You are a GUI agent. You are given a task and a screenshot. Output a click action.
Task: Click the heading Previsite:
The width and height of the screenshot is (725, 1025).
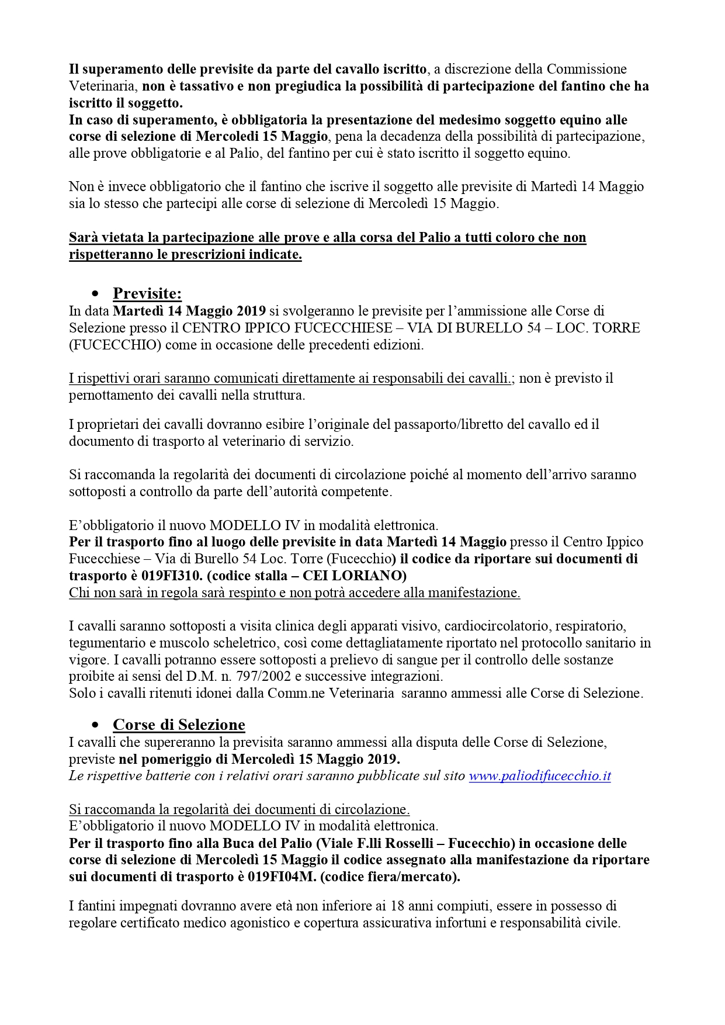(x=147, y=293)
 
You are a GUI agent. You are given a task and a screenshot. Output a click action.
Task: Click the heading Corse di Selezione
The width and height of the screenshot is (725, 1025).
(x=179, y=725)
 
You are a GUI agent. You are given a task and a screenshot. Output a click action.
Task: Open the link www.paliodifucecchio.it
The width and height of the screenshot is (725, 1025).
(x=539, y=776)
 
